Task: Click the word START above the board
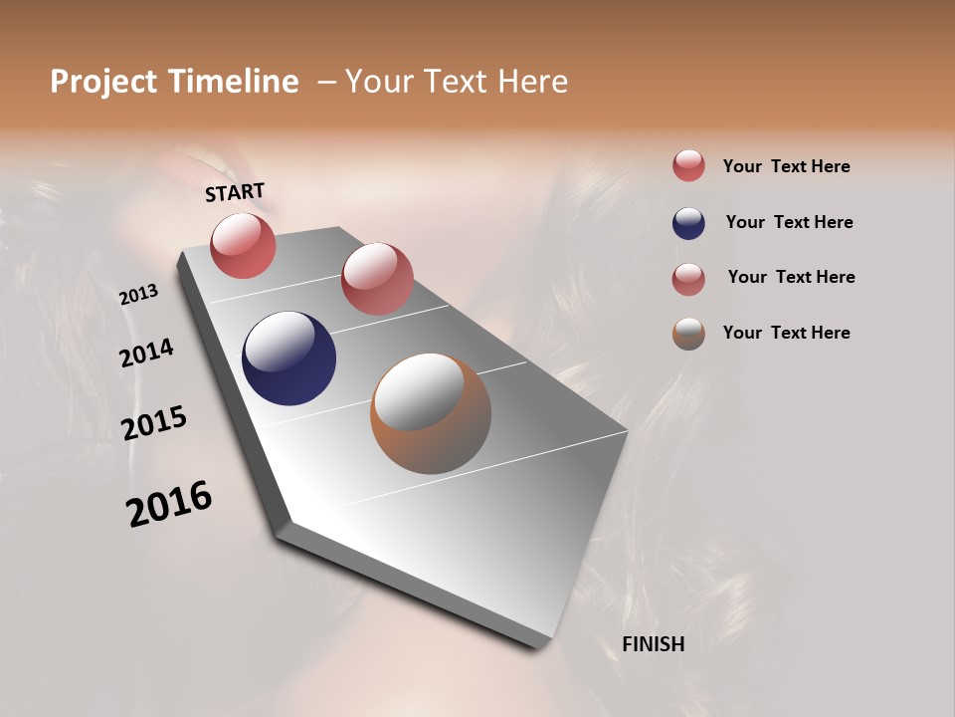(235, 191)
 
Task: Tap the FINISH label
(653, 644)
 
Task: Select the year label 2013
(138, 295)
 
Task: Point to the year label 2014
(146, 353)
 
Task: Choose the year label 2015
(154, 423)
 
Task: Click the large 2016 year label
(169, 503)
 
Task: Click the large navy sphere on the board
(288, 358)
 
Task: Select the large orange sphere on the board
(431, 413)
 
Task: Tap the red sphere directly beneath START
(243, 245)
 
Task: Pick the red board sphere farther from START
(377, 278)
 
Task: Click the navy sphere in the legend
(688, 223)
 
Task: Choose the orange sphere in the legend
(688, 334)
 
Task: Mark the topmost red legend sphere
(688, 165)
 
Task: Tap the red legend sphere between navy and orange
(688, 279)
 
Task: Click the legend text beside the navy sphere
(789, 222)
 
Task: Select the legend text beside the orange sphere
(786, 333)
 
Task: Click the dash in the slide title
(325, 82)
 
